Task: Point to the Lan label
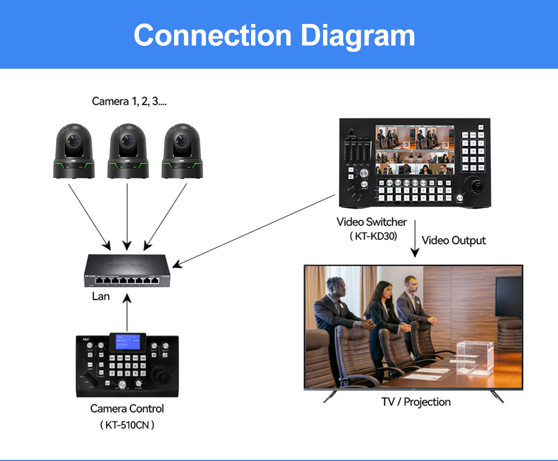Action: click(100, 296)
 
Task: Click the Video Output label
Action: click(454, 240)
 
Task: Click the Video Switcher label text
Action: click(372, 222)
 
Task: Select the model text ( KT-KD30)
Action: click(373, 236)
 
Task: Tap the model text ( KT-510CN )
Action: click(127, 425)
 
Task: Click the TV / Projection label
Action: click(416, 401)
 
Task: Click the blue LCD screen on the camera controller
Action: click(128, 343)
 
